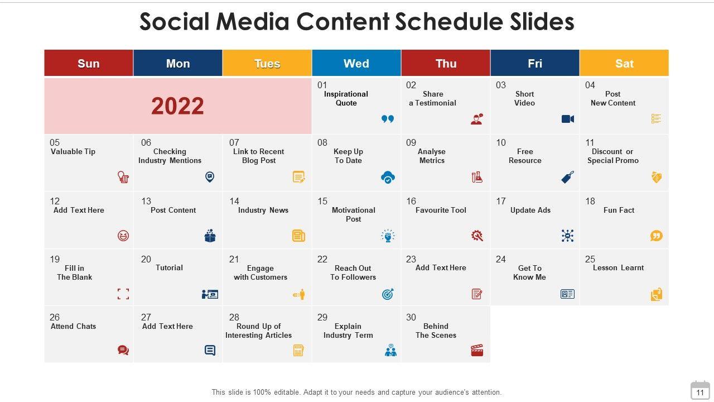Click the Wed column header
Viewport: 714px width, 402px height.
point(356,63)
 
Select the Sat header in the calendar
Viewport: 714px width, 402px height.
point(624,63)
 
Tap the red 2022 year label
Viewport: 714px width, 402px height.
point(177,106)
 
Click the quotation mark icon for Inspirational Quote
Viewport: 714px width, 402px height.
point(388,119)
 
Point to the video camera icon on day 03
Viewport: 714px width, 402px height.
point(567,119)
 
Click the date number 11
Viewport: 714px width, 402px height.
point(590,143)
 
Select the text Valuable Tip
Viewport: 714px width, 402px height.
point(73,152)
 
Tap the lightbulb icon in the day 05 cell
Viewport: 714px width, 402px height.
point(123,178)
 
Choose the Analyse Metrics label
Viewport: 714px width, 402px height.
point(432,156)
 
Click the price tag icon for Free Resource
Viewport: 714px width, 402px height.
point(567,178)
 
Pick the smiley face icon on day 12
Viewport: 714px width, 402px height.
point(123,236)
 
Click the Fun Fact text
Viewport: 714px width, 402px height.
point(619,210)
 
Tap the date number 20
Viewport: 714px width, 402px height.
point(146,259)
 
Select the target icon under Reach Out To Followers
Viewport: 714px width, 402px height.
point(388,294)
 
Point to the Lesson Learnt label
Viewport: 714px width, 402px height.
point(618,268)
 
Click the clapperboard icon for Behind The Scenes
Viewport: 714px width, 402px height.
point(477,350)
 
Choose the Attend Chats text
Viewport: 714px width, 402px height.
point(73,326)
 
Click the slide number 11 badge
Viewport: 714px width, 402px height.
point(700,391)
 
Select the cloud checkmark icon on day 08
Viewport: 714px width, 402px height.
point(388,178)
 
